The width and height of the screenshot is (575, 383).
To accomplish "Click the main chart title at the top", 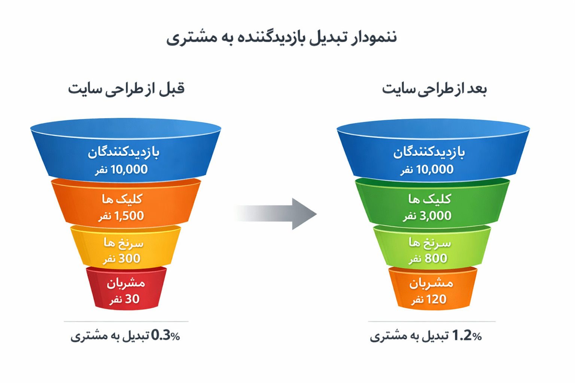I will [x=282, y=38].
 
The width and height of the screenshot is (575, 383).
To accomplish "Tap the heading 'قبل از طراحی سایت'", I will [x=126, y=89].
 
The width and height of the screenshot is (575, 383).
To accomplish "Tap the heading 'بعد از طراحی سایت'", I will [x=434, y=89].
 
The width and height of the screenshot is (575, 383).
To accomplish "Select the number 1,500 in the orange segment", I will [x=129, y=216].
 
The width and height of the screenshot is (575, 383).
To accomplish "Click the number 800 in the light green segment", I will [x=436, y=258].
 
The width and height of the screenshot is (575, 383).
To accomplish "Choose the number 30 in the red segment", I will [x=132, y=299].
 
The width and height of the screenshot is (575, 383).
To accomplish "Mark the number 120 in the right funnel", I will [x=436, y=299].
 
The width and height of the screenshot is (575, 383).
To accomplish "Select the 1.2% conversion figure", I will [x=466, y=336].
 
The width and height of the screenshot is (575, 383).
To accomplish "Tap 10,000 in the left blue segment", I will [x=129, y=169].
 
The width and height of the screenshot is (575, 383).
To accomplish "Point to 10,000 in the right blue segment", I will [x=435, y=169].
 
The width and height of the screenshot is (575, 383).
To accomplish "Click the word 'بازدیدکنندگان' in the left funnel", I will [x=124, y=152].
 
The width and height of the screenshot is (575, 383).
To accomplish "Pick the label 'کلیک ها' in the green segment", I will [x=430, y=199].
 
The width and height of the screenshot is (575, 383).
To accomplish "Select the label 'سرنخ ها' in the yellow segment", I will [x=124, y=243].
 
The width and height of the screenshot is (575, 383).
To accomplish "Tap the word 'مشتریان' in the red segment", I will [x=126, y=283].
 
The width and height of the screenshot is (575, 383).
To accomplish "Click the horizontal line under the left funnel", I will [x=126, y=321].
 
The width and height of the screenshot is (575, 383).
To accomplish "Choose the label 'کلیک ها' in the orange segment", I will [x=122, y=199].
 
